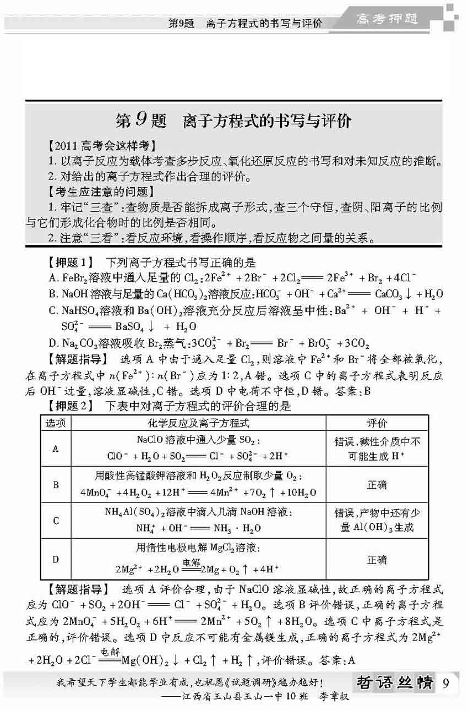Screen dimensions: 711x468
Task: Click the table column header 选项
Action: pos(56,423)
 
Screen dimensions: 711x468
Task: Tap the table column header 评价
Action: pos(377,423)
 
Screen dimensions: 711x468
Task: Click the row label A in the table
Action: pos(56,449)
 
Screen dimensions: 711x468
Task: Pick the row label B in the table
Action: pos(56,485)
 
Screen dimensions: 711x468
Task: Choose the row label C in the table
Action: pos(56,521)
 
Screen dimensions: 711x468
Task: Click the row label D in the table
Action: pos(56,559)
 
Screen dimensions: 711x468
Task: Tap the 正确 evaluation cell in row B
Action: pos(377,485)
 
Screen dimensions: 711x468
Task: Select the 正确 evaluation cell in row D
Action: pos(377,559)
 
